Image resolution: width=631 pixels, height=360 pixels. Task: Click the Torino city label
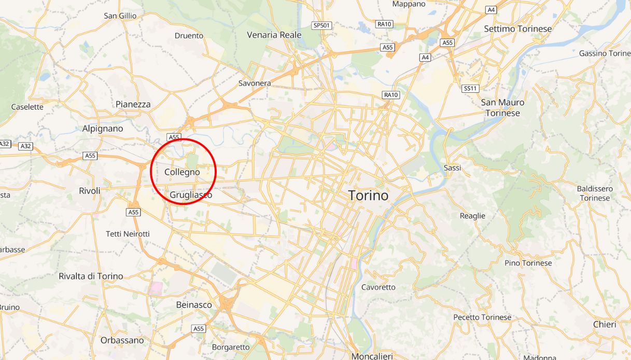point(368,196)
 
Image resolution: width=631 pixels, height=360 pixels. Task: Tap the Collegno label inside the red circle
point(182,172)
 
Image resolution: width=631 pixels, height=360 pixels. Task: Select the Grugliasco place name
point(191,195)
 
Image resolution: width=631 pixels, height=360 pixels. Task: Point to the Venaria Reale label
point(274,35)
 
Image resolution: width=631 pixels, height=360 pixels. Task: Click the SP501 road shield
point(321,25)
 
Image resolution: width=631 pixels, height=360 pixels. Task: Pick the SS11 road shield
point(470,88)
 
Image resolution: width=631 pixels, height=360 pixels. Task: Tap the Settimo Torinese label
point(517,29)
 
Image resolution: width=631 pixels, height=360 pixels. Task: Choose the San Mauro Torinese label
point(502,107)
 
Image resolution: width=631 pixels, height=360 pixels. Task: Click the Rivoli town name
point(90,190)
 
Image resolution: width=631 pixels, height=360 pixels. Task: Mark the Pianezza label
point(133,104)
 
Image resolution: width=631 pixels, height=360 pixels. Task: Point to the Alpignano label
point(103,128)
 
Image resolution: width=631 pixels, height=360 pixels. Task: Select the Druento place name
point(189,36)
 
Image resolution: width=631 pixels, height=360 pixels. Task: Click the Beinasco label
point(194,304)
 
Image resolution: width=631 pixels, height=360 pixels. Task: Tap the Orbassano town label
point(122,340)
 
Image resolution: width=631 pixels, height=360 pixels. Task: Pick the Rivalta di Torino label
point(91,276)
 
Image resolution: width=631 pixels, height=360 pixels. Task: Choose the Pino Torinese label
point(528,263)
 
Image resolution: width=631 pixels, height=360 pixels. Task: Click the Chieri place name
point(605,324)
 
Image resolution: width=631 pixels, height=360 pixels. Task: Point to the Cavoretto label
point(378,287)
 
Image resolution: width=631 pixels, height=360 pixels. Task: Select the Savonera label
point(255,83)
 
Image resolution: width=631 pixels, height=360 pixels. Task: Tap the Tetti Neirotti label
point(128,234)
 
